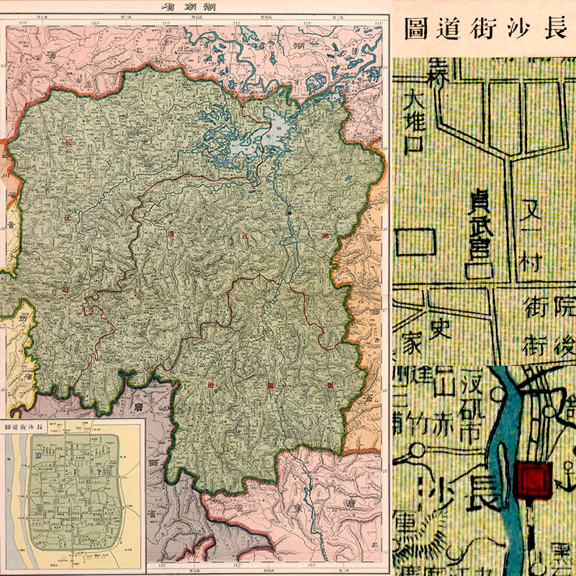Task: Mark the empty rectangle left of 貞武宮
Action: tap(418, 241)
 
